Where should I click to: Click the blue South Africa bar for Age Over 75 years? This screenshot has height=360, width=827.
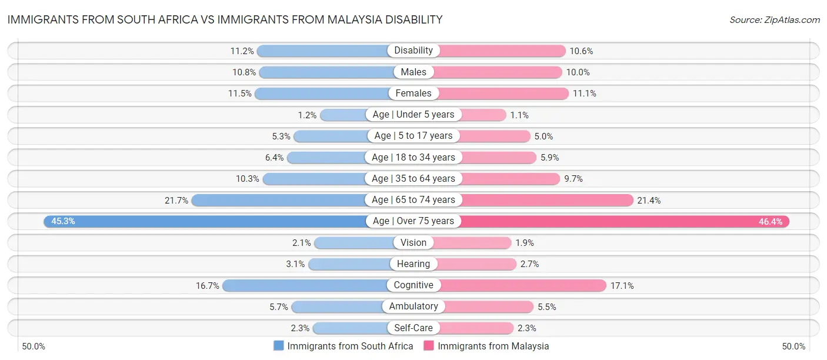(x=206, y=221)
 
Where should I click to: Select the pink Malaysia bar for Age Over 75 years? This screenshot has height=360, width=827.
(x=623, y=221)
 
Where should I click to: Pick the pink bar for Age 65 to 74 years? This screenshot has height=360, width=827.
(x=547, y=200)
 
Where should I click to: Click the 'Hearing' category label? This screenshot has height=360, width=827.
(x=413, y=264)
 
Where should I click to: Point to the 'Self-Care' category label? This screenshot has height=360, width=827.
(x=413, y=328)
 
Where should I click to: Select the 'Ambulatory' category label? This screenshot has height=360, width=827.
(x=413, y=306)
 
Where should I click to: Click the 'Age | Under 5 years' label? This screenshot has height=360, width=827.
(x=413, y=115)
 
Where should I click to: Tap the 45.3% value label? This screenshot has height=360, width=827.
(x=63, y=222)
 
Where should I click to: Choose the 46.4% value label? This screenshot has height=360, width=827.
(x=771, y=222)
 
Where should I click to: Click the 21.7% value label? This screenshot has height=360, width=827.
(x=176, y=201)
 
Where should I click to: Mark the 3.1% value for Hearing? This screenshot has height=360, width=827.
(x=295, y=265)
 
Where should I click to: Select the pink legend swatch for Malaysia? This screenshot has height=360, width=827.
(x=429, y=346)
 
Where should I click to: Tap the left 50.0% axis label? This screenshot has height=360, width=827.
(x=34, y=346)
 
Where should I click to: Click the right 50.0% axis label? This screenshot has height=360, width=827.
(x=793, y=346)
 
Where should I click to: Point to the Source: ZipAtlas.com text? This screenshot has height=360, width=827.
(x=775, y=20)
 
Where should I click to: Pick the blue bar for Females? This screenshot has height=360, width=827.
(x=321, y=94)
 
